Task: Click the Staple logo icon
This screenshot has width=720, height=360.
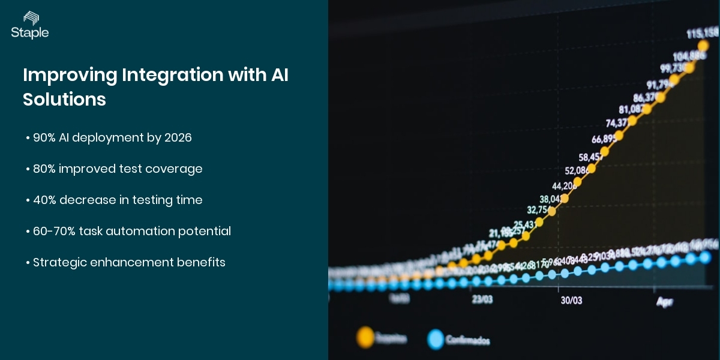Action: pyautogui.click(x=29, y=19)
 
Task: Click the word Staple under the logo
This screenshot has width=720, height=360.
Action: pyautogui.click(x=29, y=33)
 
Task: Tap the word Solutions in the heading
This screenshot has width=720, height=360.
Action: pyautogui.click(x=64, y=99)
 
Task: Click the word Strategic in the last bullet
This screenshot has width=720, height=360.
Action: pyautogui.click(x=59, y=262)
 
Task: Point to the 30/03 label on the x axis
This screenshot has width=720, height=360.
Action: pyautogui.click(x=571, y=300)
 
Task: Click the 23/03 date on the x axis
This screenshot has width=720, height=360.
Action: pyautogui.click(x=482, y=299)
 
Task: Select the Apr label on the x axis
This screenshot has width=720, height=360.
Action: pyautogui.click(x=664, y=302)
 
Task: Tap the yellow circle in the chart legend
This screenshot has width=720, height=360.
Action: pyautogui.click(x=364, y=337)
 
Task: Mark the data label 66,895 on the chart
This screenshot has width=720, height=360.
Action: pyautogui.click(x=604, y=139)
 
